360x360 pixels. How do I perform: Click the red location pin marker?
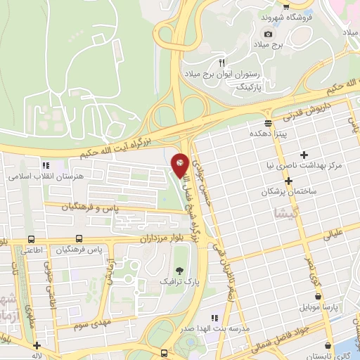coord(180,164)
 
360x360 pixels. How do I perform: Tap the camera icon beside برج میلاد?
coord(268,34)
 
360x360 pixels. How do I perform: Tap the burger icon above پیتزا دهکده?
coord(267,122)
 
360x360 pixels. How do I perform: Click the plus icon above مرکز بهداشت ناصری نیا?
coord(304,155)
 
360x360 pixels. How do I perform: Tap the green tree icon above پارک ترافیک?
coord(178,270)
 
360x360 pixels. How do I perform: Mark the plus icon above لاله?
coord(36,345)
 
